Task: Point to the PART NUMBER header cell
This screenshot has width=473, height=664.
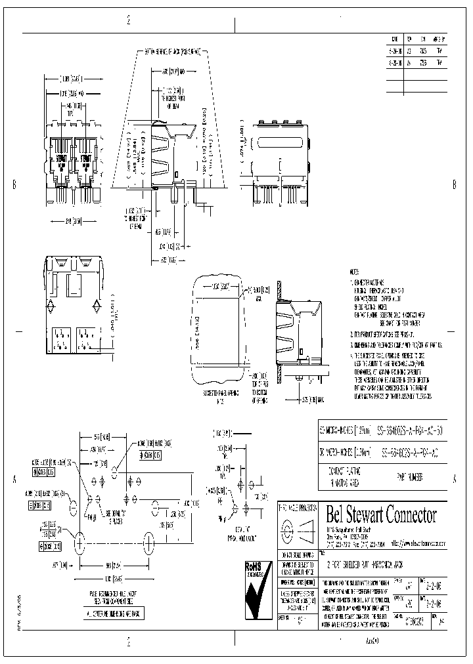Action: pyautogui.click(x=413, y=474)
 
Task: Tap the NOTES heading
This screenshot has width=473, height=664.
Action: pyautogui.click(x=355, y=271)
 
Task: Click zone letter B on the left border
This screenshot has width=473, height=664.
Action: pyautogui.click(x=14, y=184)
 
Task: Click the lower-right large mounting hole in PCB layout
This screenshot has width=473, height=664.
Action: pyautogui.click(x=148, y=542)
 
